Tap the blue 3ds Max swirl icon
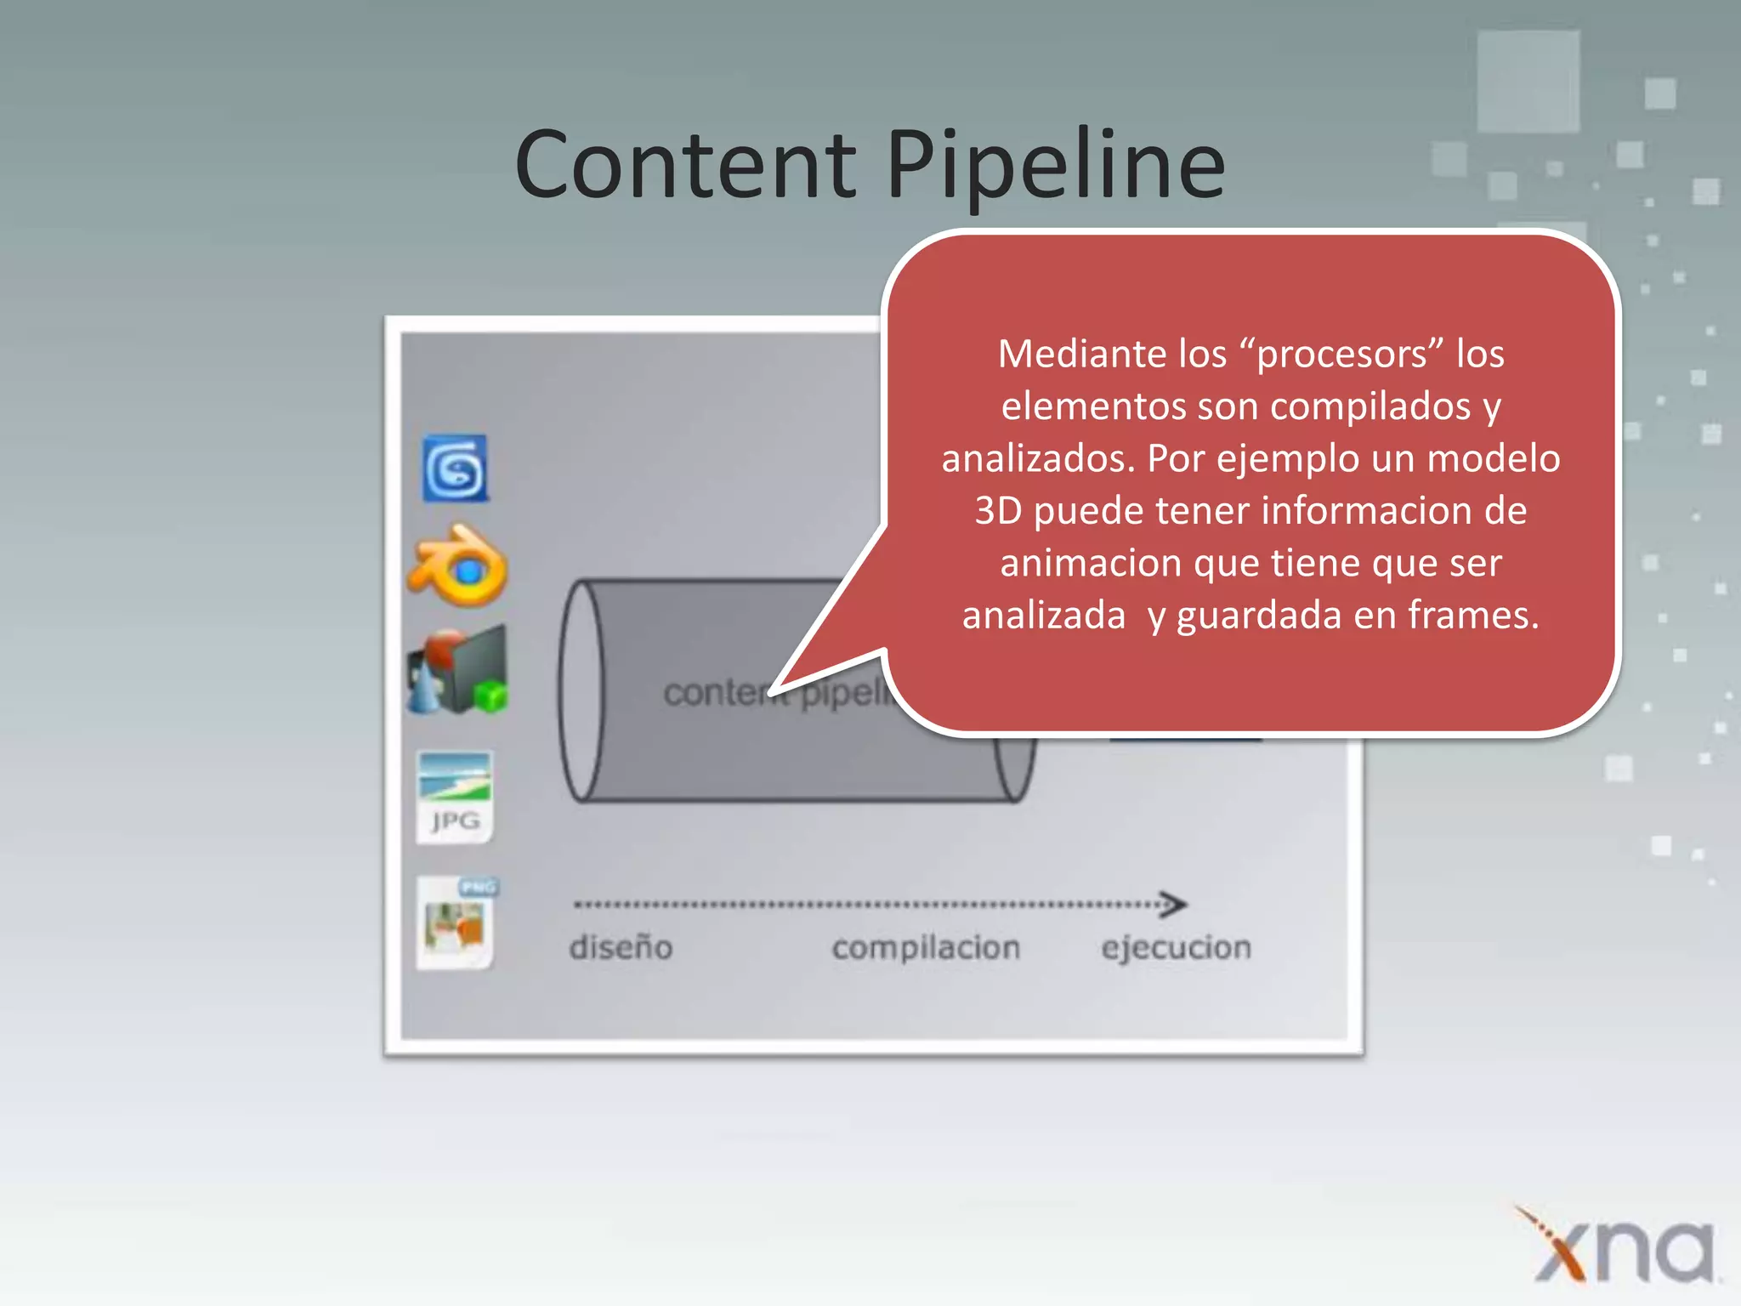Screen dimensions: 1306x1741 [456, 468]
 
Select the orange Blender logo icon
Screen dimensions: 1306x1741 [458, 566]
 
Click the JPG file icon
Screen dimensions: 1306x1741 [454, 797]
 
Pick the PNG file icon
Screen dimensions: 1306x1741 [457, 923]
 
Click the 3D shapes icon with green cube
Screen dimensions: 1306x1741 [458, 672]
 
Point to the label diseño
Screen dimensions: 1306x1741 [621, 947]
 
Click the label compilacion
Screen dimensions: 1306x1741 [926, 947]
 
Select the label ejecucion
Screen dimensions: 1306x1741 [1176, 947]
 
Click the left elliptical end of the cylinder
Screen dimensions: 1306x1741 [582, 690]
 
